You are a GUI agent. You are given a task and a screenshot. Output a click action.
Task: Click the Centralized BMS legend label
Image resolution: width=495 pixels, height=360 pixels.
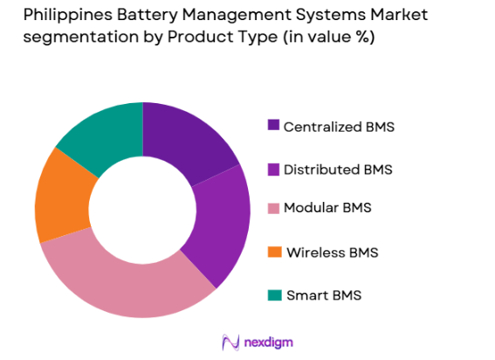tap(340, 127)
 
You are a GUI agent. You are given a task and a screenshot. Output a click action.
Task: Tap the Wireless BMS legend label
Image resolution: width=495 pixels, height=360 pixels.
tap(333, 253)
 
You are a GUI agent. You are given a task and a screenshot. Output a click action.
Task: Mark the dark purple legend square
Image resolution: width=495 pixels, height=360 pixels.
tap(274, 126)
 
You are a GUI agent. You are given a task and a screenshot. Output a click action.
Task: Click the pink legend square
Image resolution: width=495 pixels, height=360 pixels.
tap(274, 209)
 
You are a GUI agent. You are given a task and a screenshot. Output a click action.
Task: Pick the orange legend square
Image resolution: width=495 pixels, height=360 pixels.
tap(274, 253)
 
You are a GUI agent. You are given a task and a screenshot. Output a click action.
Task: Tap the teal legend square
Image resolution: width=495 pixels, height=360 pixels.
tap(274, 294)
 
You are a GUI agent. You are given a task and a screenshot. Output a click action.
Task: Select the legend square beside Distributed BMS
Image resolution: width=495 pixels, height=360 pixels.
tap(274, 168)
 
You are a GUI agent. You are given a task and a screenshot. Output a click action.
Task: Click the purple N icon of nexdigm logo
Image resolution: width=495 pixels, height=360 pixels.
tap(230, 342)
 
